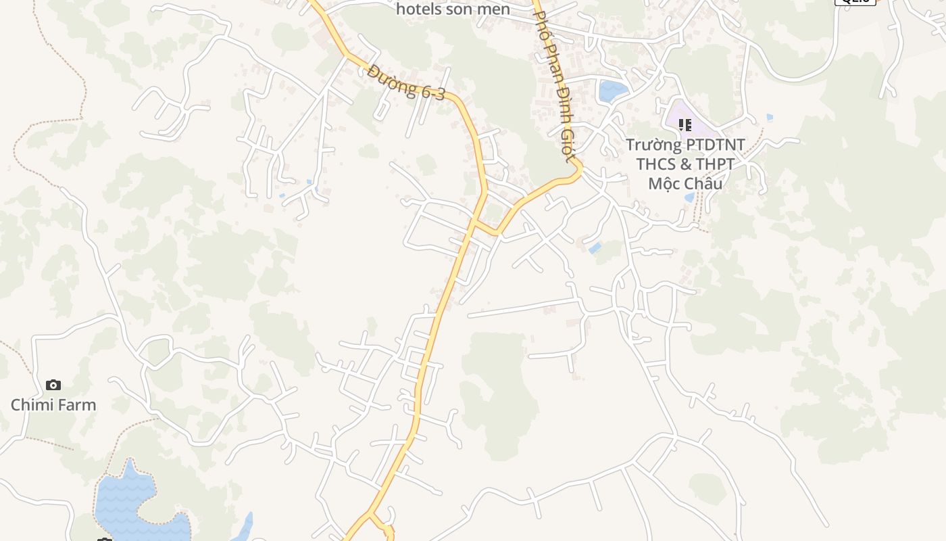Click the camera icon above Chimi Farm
[x=53, y=385]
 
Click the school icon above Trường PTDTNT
[x=685, y=125]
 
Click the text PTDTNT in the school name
[x=715, y=145]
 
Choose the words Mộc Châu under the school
[x=685, y=183]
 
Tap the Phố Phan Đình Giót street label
[x=555, y=81]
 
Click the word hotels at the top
[x=419, y=9]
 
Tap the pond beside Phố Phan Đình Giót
[x=612, y=90]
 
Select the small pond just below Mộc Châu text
[x=689, y=197]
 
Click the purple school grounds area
[x=703, y=125]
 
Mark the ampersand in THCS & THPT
[x=685, y=164]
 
